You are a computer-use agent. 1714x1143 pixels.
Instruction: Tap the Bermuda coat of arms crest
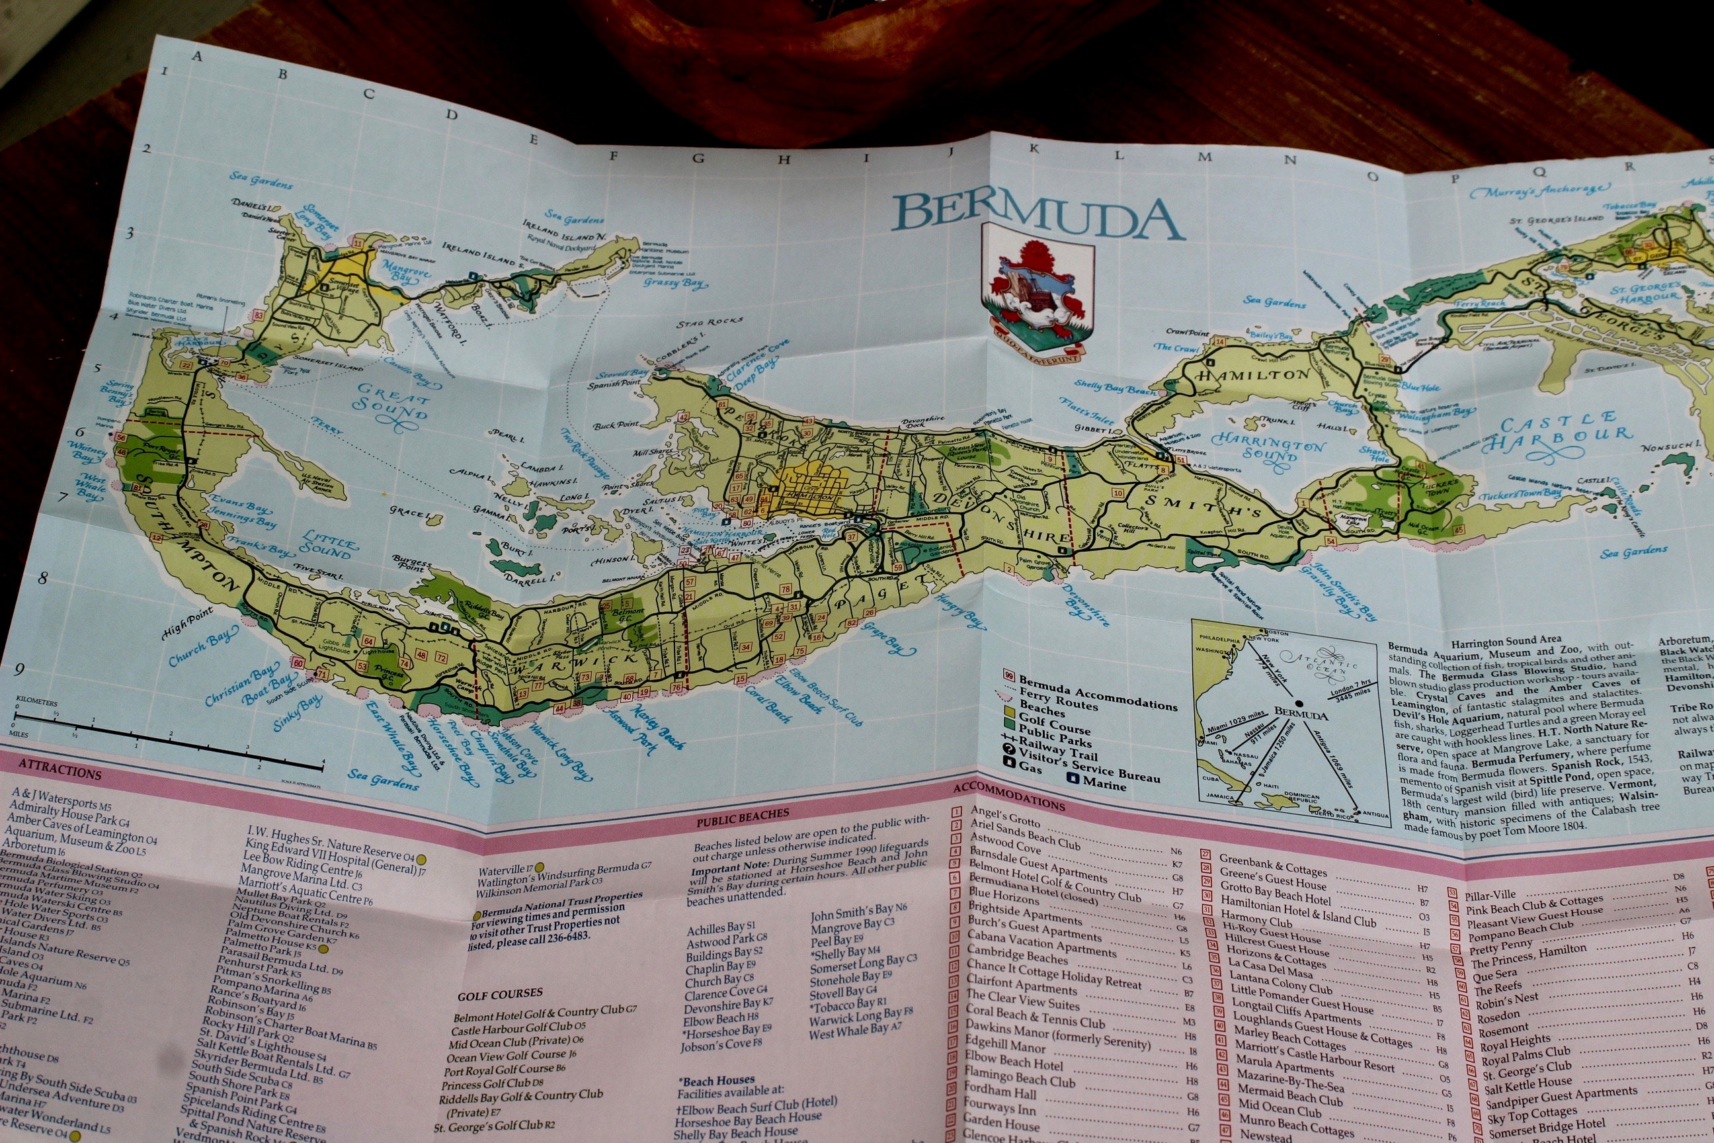pyautogui.click(x=1038, y=299)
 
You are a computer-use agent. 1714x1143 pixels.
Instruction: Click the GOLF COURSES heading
pyautogui.click(x=499, y=993)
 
